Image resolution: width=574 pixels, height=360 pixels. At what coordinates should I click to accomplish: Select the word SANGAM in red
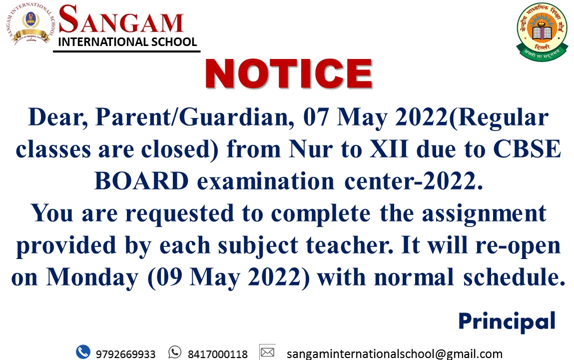pos(121,20)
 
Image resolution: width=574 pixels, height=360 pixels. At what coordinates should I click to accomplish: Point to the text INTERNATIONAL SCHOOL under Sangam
pos(127,41)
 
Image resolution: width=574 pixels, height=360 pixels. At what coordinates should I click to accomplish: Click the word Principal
pos(507,321)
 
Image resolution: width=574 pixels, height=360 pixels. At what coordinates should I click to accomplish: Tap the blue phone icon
pos(83,352)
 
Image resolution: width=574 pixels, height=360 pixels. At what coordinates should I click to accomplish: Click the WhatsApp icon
pos(175,352)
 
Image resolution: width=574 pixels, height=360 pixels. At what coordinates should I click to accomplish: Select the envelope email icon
pos(267,352)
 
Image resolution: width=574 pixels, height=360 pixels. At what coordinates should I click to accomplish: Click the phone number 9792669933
pos(125,354)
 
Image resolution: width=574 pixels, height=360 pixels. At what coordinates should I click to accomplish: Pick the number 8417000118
pos(217,354)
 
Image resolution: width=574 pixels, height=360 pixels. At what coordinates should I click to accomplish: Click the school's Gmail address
pos(394,354)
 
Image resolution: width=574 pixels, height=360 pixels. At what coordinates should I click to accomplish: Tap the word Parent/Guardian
pos(194,118)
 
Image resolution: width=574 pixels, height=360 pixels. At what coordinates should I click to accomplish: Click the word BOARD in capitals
pos(142,181)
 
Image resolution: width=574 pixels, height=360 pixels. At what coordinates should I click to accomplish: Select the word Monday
pos(92,277)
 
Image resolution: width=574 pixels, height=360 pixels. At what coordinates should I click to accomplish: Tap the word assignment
pos(484,214)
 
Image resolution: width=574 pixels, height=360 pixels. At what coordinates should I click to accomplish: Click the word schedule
pos(515,277)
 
